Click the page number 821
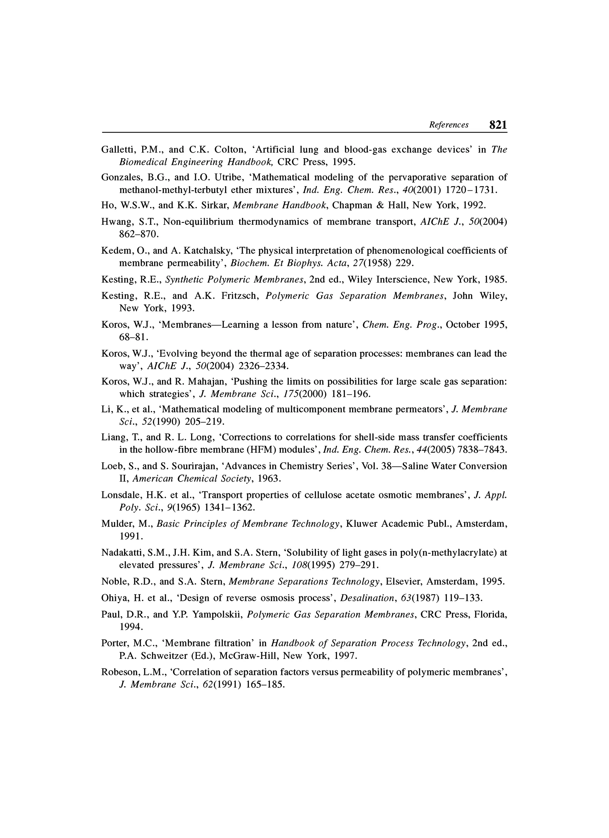coord(497,125)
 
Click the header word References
coord(448,125)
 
